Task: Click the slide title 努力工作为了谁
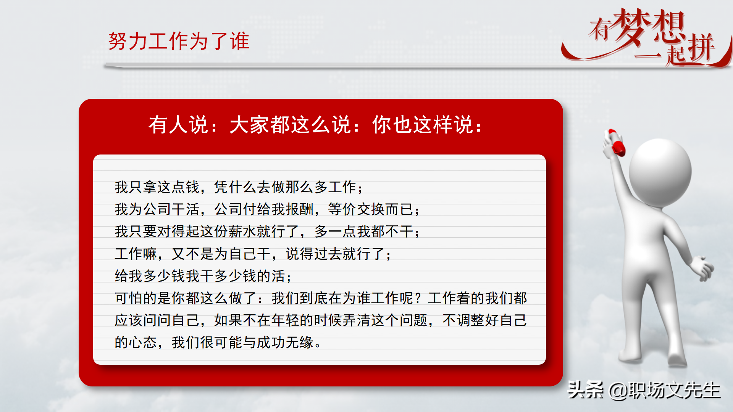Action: [x=178, y=41]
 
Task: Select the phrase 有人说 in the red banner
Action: [x=179, y=125]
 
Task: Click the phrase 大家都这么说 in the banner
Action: [x=290, y=125]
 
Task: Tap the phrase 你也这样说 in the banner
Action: [x=423, y=125]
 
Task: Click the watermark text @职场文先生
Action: [x=664, y=390]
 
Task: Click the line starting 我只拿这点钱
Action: [x=239, y=187]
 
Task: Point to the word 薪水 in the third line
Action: [x=242, y=232]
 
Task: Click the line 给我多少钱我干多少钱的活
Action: [x=202, y=276]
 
